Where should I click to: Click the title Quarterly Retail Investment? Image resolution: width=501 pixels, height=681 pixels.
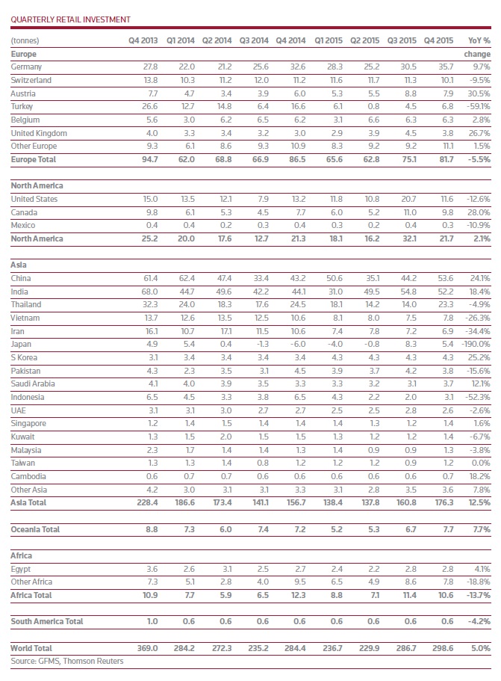coord(70,19)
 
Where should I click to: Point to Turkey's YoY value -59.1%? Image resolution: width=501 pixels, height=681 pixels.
coord(478,106)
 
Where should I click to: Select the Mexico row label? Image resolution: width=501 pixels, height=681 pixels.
coord(23,225)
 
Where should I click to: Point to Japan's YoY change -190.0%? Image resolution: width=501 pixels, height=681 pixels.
coord(475,344)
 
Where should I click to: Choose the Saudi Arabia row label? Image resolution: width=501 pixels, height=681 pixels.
coord(33,383)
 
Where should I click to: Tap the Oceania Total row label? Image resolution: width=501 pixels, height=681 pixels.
coord(35,529)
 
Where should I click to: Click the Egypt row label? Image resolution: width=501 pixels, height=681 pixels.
coord(22,568)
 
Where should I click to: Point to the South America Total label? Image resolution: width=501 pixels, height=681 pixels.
coord(46,621)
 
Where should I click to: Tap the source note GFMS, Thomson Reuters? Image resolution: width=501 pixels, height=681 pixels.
coord(67,661)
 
